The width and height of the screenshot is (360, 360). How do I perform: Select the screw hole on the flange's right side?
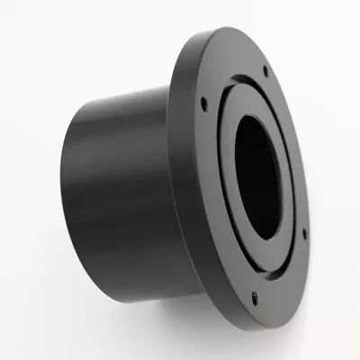coord(304,233)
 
